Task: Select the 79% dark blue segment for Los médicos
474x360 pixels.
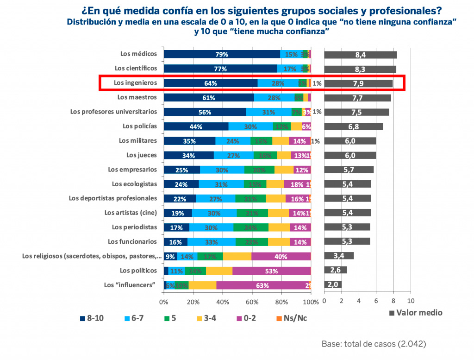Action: pos(222,54)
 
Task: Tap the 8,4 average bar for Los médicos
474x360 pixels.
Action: pos(361,55)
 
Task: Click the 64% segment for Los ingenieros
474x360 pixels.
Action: pos(211,83)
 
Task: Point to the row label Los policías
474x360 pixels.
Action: pos(140,126)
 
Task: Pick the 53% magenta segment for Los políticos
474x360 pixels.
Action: pos(271,271)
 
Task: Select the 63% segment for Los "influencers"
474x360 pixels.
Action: pos(262,285)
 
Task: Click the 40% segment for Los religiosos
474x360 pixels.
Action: pos(281,256)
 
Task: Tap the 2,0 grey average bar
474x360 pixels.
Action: pos(333,284)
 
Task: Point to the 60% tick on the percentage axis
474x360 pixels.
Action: pos(252,302)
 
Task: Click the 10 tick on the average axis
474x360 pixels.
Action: pos(410,301)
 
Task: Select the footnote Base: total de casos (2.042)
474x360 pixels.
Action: pos(374,344)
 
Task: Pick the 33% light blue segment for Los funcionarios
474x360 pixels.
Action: pos(211,242)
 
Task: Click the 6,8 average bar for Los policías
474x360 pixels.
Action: pos(354,126)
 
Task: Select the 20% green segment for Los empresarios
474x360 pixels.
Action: pos(259,170)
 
